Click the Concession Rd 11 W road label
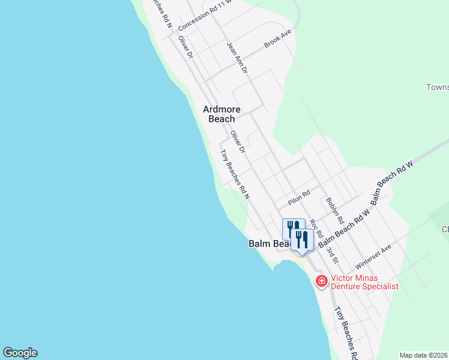204,15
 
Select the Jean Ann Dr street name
237,58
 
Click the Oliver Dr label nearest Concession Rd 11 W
185,46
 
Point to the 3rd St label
333,252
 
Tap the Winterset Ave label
373,257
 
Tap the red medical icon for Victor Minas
321,280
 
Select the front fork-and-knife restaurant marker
301,240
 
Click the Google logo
20,353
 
